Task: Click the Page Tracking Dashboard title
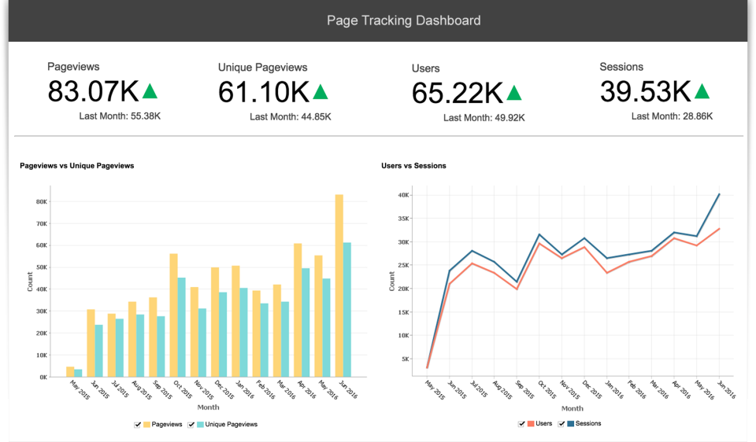pyautogui.click(x=403, y=20)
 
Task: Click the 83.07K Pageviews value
pyautogui.click(x=93, y=92)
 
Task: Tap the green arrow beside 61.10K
pyautogui.click(x=321, y=92)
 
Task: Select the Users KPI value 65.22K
pyautogui.click(x=457, y=94)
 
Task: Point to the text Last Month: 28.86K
pyautogui.click(x=672, y=116)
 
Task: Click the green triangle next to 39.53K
pyautogui.click(x=702, y=92)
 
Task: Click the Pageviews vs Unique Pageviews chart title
pyautogui.click(x=76, y=166)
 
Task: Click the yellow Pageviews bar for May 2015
pyautogui.click(x=70, y=371)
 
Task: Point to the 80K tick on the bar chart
pyautogui.click(x=41, y=201)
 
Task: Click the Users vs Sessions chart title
pyautogui.click(x=413, y=166)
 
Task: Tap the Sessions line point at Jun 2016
pyautogui.click(x=719, y=193)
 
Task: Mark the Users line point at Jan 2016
pyautogui.click(x=606, y=273)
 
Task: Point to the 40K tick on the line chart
pyautogui.click(x=402, y=195)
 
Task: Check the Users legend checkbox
pyautogui.click(x=521, y=423)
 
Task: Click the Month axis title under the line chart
pyautogui.click(x=573, y=408)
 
